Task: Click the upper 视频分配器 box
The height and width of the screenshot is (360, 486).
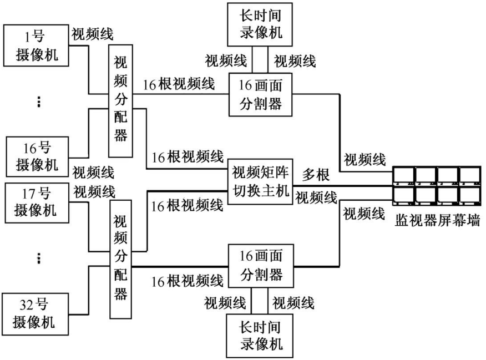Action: (120, 105)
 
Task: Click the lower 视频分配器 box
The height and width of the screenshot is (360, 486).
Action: (120, 260)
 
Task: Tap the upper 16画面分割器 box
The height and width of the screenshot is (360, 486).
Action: (261, 95)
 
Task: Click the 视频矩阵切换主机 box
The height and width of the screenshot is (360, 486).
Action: (261, 183)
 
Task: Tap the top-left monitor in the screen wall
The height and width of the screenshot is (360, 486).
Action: (403, 175)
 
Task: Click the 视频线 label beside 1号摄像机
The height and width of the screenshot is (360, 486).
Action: (93, 34)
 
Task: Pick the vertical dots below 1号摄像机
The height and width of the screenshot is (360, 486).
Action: (38, 102)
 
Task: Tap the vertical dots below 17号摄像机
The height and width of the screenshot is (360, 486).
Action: (38, 258)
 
